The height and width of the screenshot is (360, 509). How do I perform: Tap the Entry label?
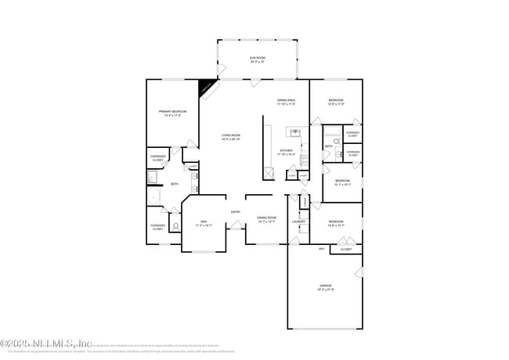coord(236,212)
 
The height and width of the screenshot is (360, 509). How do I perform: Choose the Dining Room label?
coord(267,219)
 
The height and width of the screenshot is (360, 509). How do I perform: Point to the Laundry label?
coord(298,221)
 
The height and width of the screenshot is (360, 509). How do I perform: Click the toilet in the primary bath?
coord(176,227)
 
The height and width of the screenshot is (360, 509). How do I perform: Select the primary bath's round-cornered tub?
coord(153,196)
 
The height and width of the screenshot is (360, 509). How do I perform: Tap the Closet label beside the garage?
coord(345,249)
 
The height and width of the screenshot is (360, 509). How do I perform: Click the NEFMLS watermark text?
coord(47,343)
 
